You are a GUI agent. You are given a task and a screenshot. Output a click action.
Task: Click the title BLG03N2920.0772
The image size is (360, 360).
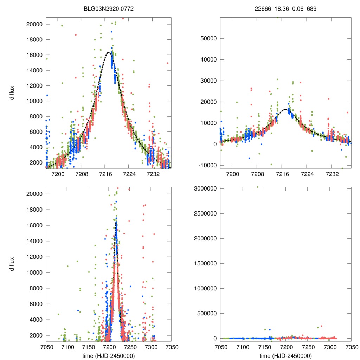pos(109,9)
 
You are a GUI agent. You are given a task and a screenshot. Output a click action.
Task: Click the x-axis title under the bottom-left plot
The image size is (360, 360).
pos(109,355)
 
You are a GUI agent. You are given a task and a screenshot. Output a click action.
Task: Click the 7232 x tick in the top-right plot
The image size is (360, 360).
pos(332,174)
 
